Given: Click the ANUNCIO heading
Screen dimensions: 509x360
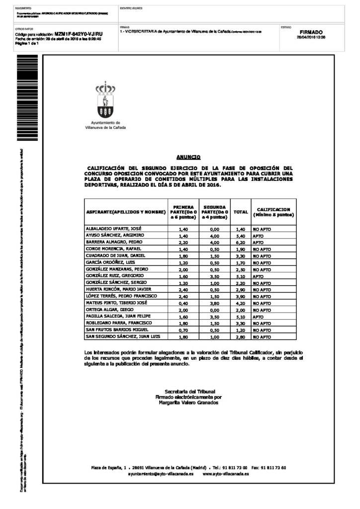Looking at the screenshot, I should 188,157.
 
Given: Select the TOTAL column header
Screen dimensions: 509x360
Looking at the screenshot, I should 241,212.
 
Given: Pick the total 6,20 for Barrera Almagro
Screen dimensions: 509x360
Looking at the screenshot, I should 241,242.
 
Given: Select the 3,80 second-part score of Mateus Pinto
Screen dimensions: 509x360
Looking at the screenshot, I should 214,303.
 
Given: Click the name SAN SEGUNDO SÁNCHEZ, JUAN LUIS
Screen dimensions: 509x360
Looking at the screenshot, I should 123,337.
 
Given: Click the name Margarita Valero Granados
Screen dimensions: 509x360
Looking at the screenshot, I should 188,403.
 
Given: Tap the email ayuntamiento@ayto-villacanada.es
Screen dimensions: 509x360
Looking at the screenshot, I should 157,474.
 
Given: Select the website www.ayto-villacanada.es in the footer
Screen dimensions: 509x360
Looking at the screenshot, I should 226,474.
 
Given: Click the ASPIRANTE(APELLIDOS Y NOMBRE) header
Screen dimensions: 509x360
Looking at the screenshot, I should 126,212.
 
